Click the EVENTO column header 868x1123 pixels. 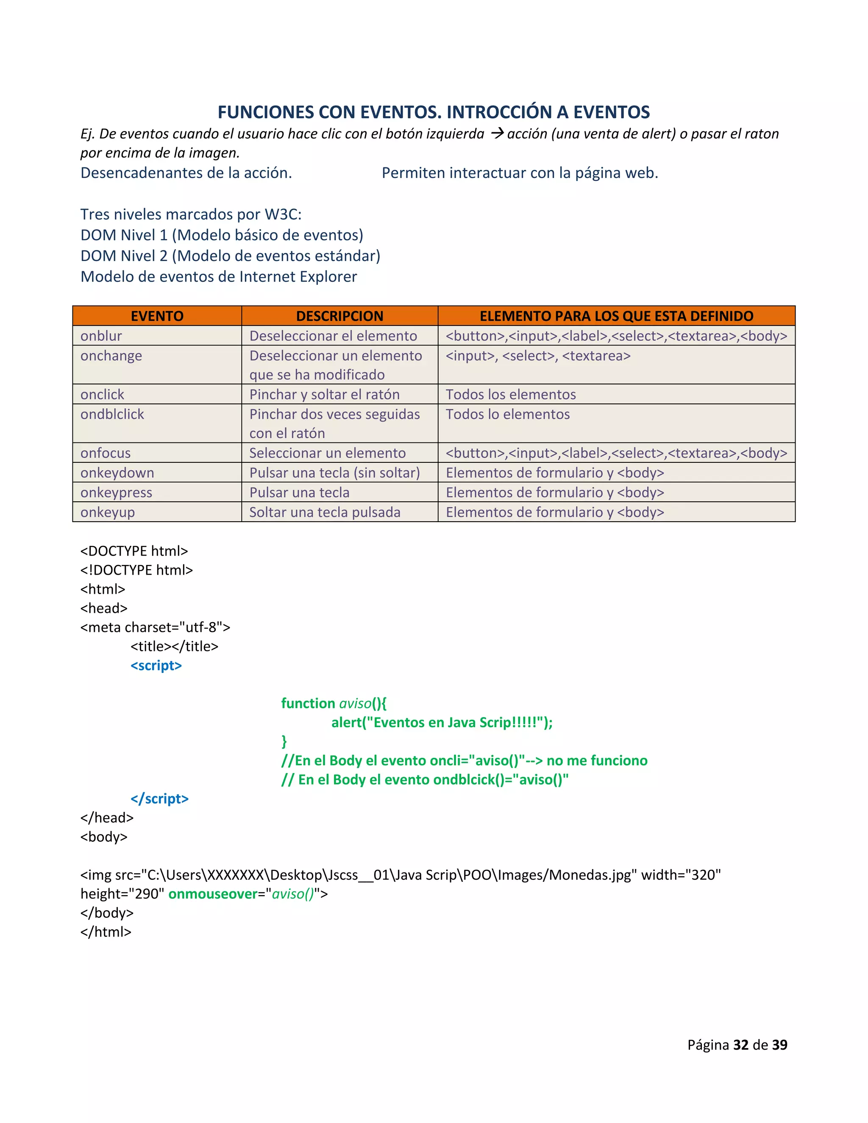click(157, 316)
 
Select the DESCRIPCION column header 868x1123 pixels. click(339, 316)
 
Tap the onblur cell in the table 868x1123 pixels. click(101, 336)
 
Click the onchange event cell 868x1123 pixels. click(111, 356)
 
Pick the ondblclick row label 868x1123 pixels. click(112, 414)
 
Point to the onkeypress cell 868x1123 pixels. click(116, 492)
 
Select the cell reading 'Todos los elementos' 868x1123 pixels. click(511, 395)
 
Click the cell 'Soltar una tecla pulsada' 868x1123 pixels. click(325, 512)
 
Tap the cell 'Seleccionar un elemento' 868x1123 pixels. click(328, 453)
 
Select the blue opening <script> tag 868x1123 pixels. click(156, 665)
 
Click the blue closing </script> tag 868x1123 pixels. click(159, 798)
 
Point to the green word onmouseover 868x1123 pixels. click(213, 894)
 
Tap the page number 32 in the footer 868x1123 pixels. click(740, 1045)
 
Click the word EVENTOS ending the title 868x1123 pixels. click(612, 112)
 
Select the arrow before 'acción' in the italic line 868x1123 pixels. click(497, 133)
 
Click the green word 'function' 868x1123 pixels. click(308, 703)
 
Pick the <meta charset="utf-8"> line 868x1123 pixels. click(155, 627)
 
